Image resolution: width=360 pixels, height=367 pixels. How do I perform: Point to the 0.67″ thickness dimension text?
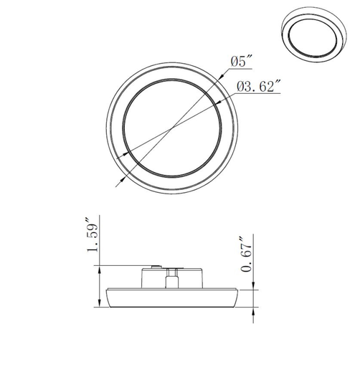[x=247, y=254]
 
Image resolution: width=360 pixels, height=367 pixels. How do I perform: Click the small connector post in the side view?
[x=172, y=279]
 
